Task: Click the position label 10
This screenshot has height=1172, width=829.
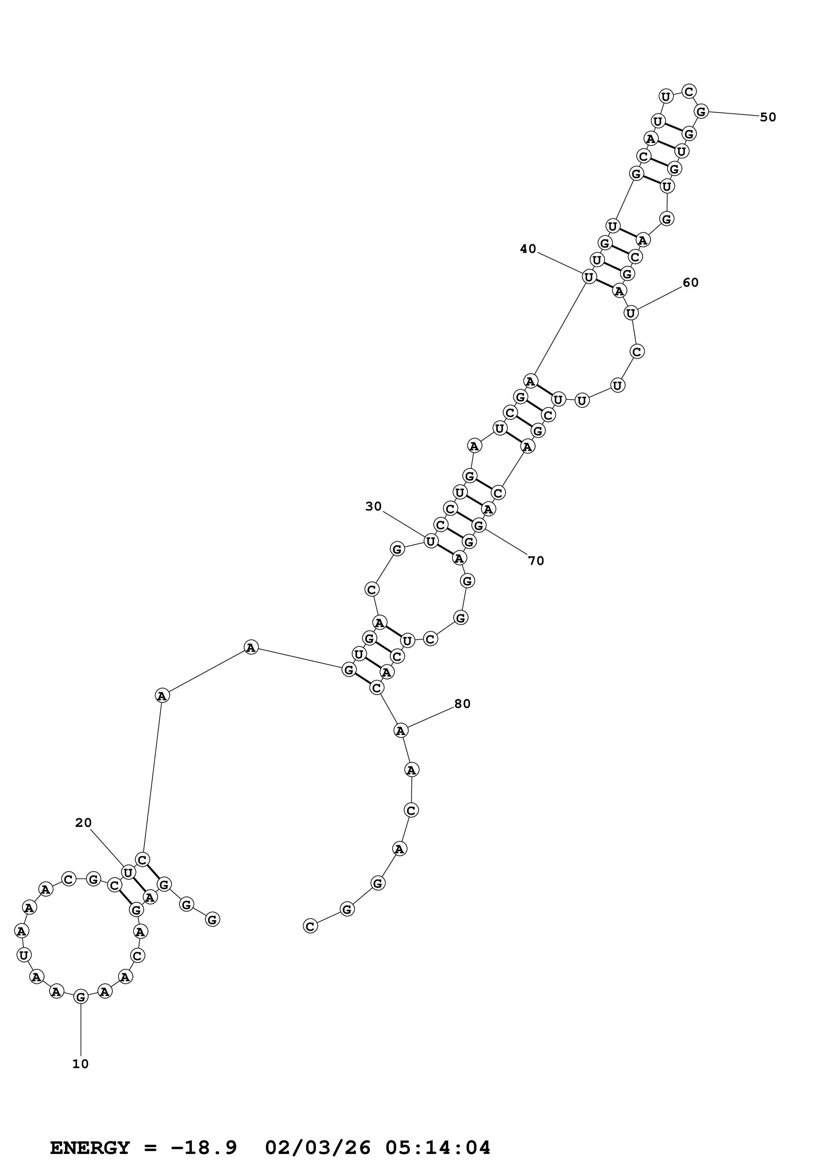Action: [x=81, y=1064]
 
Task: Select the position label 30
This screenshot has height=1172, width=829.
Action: [x=374, y=506]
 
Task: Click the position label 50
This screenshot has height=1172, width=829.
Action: [x=768, y=117]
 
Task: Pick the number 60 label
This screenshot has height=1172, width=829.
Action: [x=691, y=282]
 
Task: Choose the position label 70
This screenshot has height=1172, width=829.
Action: [x=536, y=561]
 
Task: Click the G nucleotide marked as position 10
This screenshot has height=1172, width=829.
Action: [x=81, y=996]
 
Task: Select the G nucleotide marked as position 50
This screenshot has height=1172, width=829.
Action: [x=701, y=111]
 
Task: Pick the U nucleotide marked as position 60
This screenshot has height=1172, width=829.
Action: [x=631, y=312]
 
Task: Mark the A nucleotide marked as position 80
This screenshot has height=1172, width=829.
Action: [x=400, y=730]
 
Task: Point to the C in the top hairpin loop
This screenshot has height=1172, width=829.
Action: [x=689, y=91]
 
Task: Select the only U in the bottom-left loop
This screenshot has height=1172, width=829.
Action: [x=23, y=955]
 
